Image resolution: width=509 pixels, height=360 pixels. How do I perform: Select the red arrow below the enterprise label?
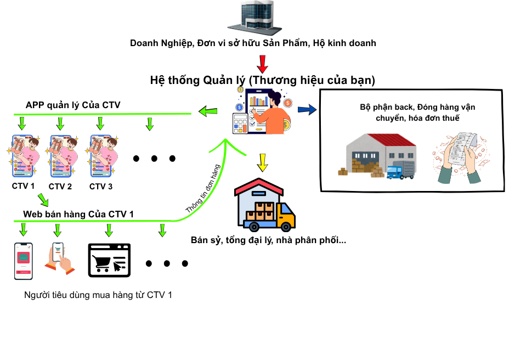(263, 64)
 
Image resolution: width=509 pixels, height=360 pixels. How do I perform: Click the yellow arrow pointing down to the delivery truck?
(262, 162)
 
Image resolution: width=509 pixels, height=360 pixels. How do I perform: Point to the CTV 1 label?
(23, 186)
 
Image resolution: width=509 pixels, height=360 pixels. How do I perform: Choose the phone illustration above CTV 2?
(61, 155)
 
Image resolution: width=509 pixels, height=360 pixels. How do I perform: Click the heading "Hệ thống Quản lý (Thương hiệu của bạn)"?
(262, 81)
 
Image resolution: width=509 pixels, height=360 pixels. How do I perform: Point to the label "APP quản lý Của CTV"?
(73, 105)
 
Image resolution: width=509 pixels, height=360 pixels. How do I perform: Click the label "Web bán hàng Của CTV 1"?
(78, 214)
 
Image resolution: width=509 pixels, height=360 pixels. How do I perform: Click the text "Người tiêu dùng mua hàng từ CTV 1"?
(98, 295)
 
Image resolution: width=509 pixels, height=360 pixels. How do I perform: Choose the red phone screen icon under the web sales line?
(23, 261)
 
